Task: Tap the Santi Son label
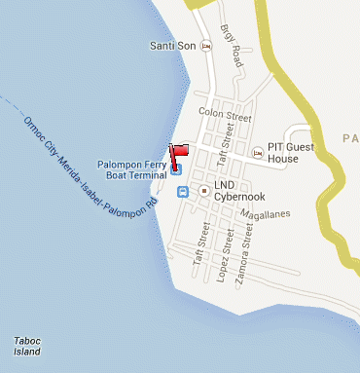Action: pyautogui.click(x=173, y=46)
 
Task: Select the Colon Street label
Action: pyautogui.click(x=218, y=111)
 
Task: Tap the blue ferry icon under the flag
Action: pyautogui.click(x=177, y=169)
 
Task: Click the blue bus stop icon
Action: pyautogui.click(x=183, y=192)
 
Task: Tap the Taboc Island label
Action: pyautogui.click(x=27, y=345)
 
